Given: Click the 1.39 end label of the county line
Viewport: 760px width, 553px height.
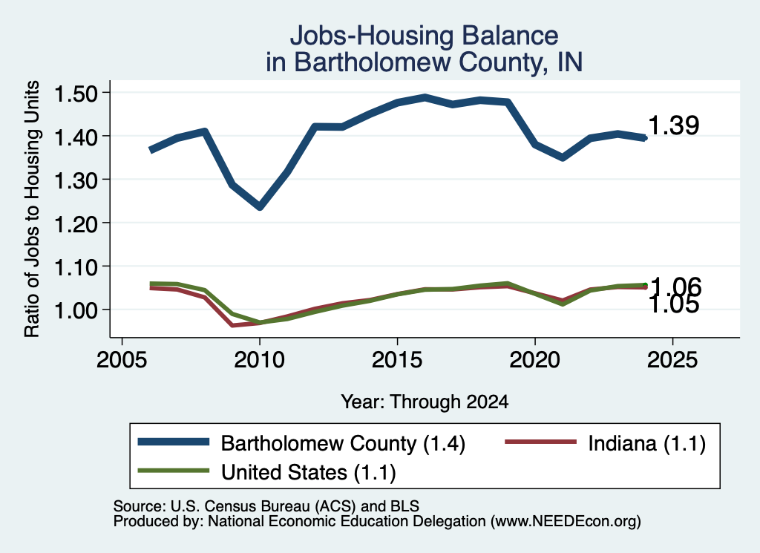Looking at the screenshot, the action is (x=674, y=125).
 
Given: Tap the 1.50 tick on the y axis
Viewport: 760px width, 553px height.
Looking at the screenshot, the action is (x=76, y=94).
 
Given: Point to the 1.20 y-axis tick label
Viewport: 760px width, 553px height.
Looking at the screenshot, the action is (x=76, y=224).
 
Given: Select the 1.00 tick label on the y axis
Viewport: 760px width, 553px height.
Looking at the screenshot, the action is (x=76, y=310).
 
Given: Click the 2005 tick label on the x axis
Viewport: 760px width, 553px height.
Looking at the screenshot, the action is (x=122, y=360).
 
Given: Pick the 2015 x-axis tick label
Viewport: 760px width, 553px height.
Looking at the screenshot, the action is (x=397, y=360).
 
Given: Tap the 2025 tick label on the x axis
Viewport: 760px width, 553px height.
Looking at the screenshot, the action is (x=672, y=360).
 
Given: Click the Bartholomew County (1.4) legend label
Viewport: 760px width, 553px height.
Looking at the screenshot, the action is (x=343, y=443).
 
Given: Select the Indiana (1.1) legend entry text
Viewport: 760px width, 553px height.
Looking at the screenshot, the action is (x=646, y=443).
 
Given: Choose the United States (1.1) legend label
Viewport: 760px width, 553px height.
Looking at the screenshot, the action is (x=308, y=473).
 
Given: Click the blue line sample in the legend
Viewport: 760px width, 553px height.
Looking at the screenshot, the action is (x=174, y=442).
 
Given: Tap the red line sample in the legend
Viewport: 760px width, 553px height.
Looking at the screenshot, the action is (x=541, y=442).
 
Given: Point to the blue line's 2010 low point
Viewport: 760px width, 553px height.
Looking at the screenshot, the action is (x=260, y=206).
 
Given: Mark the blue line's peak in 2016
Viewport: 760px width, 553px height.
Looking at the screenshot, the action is (x=425, y=98).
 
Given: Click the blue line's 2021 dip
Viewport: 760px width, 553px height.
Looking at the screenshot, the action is (x=563, y=157).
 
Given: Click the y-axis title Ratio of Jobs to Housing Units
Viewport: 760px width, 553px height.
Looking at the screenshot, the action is (x=32, y=209).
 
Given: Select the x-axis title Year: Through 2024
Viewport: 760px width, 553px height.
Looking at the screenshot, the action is (x=425, y=402).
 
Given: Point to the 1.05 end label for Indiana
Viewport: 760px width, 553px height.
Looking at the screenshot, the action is (x=674, y=305).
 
